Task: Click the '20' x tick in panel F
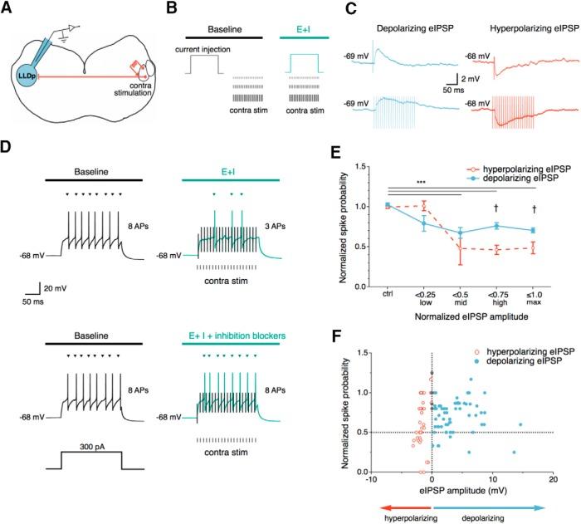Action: pyautogui.click(x=553, y=480)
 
